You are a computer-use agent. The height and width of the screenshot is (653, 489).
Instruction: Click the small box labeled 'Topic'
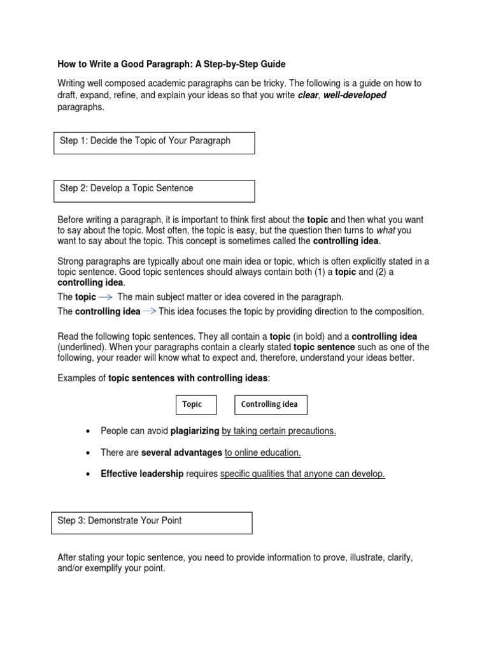(x=195, y=404)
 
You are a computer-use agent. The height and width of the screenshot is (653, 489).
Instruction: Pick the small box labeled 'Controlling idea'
(x=270, y=404)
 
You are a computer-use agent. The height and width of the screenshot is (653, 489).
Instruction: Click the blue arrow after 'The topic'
(x=106, y=297)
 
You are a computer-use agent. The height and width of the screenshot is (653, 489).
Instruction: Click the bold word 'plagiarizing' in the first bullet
(x=195, y=431)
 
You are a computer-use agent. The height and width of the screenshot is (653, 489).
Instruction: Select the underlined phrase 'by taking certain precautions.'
(x=279, y=431)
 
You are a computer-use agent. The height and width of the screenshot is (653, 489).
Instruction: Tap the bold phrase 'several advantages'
(x=181, y=452)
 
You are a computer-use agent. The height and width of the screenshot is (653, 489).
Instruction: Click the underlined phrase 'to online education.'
(x=263, y=452)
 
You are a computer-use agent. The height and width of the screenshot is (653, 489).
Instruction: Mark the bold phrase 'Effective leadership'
(x=142, y=474)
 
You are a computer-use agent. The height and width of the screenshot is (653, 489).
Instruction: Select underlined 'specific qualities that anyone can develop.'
(x=302, y=474)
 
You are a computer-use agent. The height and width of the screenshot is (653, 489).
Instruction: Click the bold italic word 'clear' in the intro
(x=308, y=95)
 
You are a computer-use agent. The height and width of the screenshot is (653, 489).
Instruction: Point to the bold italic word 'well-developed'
(x=355, y=95)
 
